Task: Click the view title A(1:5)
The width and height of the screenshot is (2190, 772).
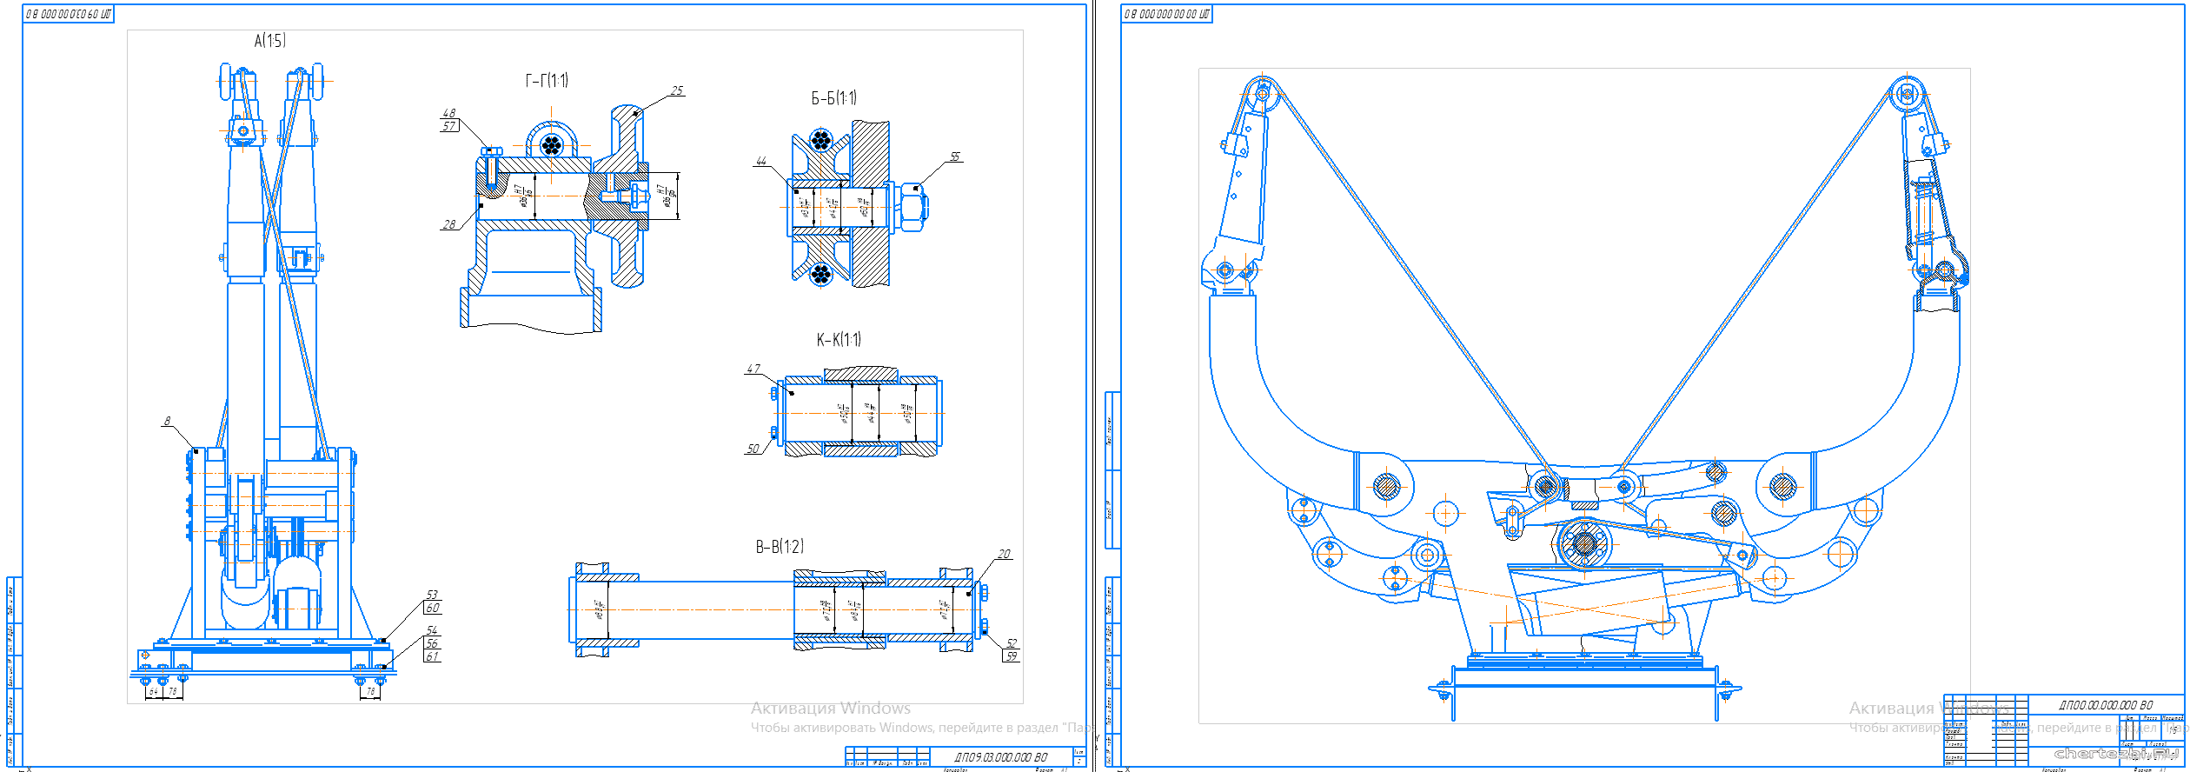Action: click(269, 41)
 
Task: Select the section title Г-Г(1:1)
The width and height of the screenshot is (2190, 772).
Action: click(547, 81)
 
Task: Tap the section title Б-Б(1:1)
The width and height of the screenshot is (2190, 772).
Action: click(833, 98)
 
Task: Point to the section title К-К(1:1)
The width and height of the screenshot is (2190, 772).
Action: click(839, 340)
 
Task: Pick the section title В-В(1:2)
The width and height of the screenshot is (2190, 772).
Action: click(780, 547)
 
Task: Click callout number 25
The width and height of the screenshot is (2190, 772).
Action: click(677, 90)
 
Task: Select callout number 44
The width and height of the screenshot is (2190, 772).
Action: click(761, 161)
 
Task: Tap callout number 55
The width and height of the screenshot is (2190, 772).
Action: click(955, 156)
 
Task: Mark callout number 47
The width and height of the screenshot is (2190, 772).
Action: click(753, 369)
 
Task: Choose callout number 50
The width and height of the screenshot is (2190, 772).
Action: click(753, 449)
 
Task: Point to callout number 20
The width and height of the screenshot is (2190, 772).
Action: click(1004, 554)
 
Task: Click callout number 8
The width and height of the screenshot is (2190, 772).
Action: click(168, 421)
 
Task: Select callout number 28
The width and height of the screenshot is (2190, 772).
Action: click(448, 224)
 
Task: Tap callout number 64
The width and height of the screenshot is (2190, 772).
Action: click(154, 692)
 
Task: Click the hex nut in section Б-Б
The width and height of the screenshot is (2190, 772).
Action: click(912, 207)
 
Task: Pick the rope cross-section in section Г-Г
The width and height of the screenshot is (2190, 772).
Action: click(551, 144)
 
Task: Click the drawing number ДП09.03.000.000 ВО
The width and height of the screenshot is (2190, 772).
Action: click(1000, 757)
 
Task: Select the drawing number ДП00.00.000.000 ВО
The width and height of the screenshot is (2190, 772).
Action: click(2106, 705)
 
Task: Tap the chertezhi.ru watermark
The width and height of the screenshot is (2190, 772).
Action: click(2116, 754)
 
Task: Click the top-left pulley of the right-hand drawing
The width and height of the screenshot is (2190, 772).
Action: click(1262, 93)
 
